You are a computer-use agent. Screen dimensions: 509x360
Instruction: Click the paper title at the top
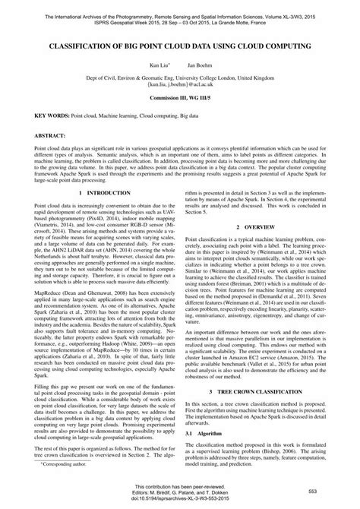point(180,47)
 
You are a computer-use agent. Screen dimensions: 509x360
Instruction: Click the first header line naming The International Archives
point(180,7)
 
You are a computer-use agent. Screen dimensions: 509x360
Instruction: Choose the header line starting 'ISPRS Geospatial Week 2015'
point(180,14)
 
